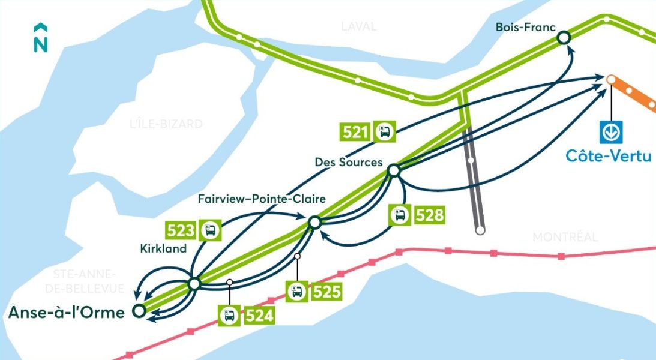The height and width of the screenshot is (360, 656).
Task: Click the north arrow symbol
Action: tap(41, 38)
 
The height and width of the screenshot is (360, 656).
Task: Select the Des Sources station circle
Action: tap(394, 171)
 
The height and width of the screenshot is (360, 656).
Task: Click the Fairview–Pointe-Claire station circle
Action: tap(315, 223)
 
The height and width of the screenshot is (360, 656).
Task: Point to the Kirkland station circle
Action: tap(194, 284)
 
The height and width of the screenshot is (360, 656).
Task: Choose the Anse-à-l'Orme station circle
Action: tap(138, 311)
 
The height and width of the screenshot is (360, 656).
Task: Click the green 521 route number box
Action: tap(355, 131)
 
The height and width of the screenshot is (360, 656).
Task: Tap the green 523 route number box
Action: tap(182, 230)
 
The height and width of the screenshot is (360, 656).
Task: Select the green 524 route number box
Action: tap(259, 316)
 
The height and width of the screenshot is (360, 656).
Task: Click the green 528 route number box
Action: tap(429, 215)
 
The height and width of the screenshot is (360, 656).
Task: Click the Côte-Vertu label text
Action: tap(609, 155)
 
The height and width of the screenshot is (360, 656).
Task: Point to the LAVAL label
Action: tap(358, 26)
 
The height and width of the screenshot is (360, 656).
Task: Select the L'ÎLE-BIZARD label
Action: tap(166, 124)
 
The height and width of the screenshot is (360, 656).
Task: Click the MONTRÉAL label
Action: tap(565, 237)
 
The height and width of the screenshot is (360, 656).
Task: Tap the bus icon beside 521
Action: tap(385, 131)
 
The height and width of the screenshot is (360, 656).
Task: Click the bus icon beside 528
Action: tap(400, 215)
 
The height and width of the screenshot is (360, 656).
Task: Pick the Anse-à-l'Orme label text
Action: tap(66, 312)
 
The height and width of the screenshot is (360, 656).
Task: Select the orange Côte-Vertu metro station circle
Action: tap(611, 79)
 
